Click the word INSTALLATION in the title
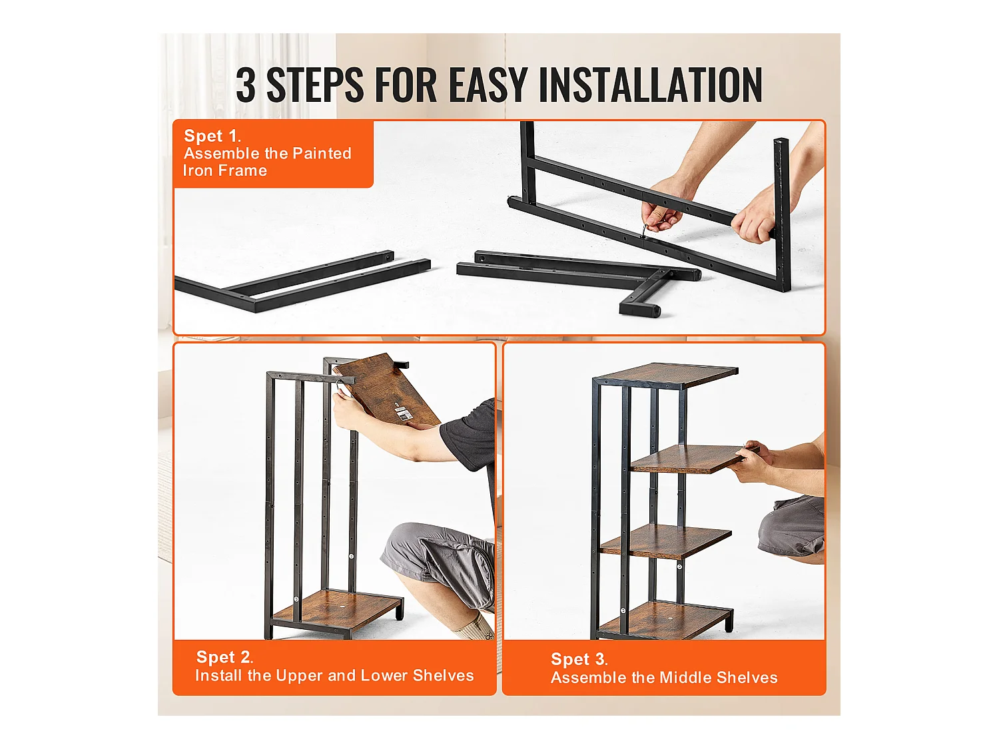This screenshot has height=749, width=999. pyautogui.click(x=650, y=85)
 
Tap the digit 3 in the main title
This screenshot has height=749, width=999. pyautogui.click(x=246, y=85)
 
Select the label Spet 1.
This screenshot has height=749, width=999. pyautogui.click(x=212, y=136)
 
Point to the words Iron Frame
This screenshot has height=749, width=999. pyautogui.click(x=225, y=170)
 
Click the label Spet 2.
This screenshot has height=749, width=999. pyautogui.click(x=224, y=656)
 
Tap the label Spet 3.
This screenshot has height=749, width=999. pyautogui.click(x=579, y=659)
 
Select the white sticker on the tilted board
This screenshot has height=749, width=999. pyautogui.click(x=402, y=415)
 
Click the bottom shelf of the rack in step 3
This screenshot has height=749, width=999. pyautogui.click(x=665, y=620)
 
